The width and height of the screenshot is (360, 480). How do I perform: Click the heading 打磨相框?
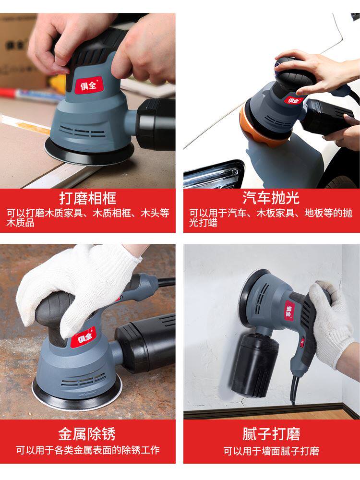[x=88, y=198]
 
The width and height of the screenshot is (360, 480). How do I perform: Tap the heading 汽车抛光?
[x=271, y=198]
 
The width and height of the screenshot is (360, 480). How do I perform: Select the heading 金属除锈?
[x=87, y=434]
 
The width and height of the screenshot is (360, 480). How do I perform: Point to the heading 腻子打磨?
[x=271, y=434]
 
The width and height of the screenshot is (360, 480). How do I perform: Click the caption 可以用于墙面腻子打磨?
[x=271, y=451]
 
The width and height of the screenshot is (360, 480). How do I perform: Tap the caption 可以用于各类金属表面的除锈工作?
[x=88, y=450]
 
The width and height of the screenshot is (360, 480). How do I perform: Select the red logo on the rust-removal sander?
[x=83, y=337]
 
